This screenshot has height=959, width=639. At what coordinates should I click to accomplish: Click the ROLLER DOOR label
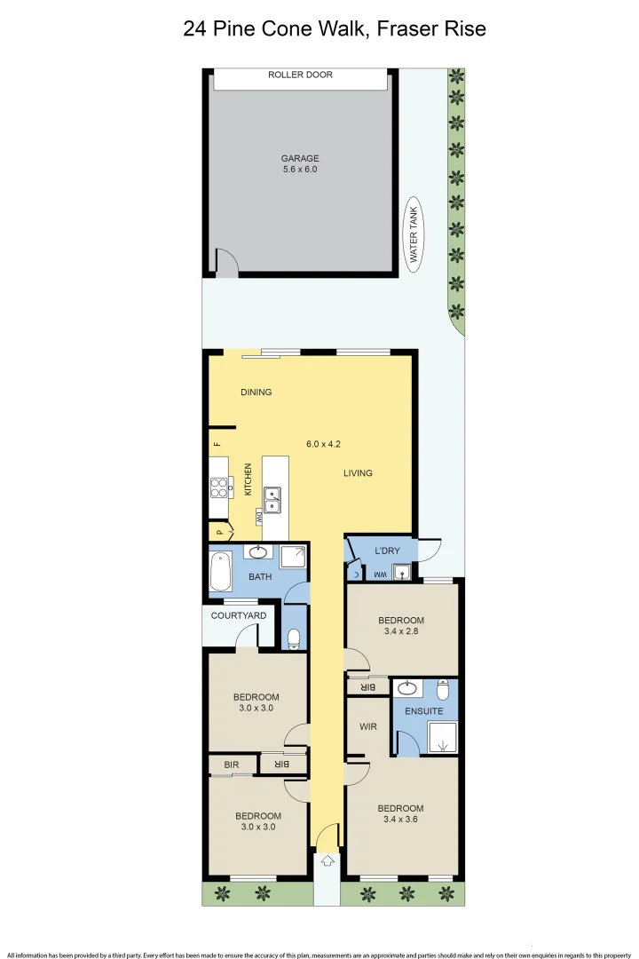(300, 75)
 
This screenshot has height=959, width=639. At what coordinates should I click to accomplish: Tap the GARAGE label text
(300, 159)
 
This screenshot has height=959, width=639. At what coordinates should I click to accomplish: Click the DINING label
(256, 392)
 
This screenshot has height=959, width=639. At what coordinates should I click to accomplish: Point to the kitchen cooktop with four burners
(218, 487)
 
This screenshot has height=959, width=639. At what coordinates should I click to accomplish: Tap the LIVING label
(358, 473)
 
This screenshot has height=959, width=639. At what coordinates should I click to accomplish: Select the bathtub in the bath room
(219, 574)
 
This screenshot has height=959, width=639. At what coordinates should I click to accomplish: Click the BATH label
(260, 577)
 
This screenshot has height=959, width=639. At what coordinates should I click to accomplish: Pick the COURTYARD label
(239, 615)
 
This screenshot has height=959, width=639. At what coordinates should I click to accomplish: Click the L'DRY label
(388, 551)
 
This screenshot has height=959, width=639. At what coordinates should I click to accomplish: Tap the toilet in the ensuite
(445, 689)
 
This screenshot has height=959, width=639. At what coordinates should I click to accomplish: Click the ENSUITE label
(423, 711)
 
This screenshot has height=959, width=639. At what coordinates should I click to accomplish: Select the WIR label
(369, 726)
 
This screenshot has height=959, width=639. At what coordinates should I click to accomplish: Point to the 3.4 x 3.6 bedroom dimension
(400, 821)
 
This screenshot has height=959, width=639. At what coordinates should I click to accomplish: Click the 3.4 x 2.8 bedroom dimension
(400, 633)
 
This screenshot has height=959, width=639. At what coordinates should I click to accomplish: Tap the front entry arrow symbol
(327, 860)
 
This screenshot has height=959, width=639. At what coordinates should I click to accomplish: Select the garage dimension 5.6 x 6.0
(300, 170)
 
